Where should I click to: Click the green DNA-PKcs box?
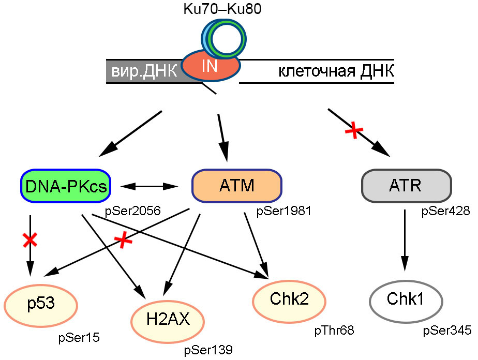point(66,185)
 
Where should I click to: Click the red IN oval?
point(210,66)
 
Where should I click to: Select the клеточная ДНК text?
point(336,71)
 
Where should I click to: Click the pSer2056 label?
point(132,211)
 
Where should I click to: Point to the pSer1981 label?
point(283,211)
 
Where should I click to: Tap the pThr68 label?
point(334,329)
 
